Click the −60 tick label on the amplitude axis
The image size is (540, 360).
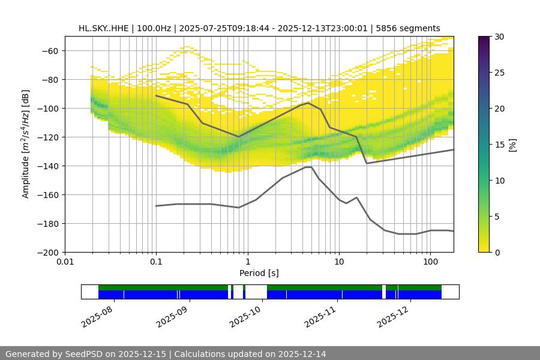49,50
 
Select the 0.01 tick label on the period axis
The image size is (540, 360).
65,262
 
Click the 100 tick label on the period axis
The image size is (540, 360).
430,262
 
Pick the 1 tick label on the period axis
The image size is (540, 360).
247,262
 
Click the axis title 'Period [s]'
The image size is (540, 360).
259,273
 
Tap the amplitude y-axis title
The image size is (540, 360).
25,144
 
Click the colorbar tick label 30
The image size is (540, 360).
499,37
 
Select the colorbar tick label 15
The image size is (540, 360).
499,145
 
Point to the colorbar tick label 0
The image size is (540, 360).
497,252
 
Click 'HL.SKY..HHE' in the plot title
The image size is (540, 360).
103,28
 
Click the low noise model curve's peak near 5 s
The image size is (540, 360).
308,167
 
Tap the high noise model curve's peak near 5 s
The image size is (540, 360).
308,103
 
